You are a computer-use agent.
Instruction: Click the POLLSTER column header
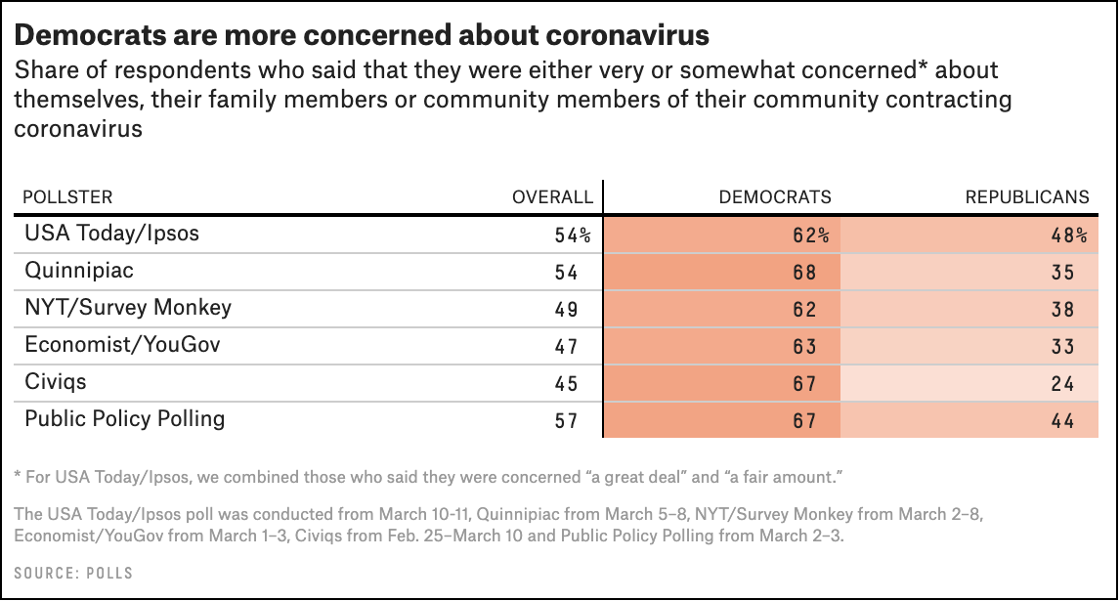(x=67, y=196)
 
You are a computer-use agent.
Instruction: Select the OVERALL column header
(x=552, y=196)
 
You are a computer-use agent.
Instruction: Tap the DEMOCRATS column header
(x=775, y=196)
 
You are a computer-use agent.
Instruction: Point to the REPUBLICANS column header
(x=1026, y=196)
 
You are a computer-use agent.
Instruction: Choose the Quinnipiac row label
(x=78, y=271)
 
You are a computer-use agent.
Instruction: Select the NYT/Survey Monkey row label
(x=128, y=308)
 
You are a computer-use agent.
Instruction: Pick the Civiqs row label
(x=57, y=382)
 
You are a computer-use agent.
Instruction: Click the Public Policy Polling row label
(x=125, y=419)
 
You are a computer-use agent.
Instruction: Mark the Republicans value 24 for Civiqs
(x=1063, y=384)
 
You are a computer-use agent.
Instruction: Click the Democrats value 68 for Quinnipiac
(x=804, y=273)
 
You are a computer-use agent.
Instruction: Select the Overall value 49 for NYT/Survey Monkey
(x=566, y=310)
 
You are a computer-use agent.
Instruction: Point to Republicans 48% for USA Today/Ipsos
(x=1069, y=236)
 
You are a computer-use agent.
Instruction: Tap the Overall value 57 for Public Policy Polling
(x=566, y=421)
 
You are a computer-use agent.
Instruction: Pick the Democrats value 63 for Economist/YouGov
(x=804, y=347)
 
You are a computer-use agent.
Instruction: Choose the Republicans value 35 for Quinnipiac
(x=1063, y=273)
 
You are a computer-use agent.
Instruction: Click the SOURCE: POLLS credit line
(x=73, y=573)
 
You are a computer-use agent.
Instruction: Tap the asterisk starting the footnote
(x=19, y=477)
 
